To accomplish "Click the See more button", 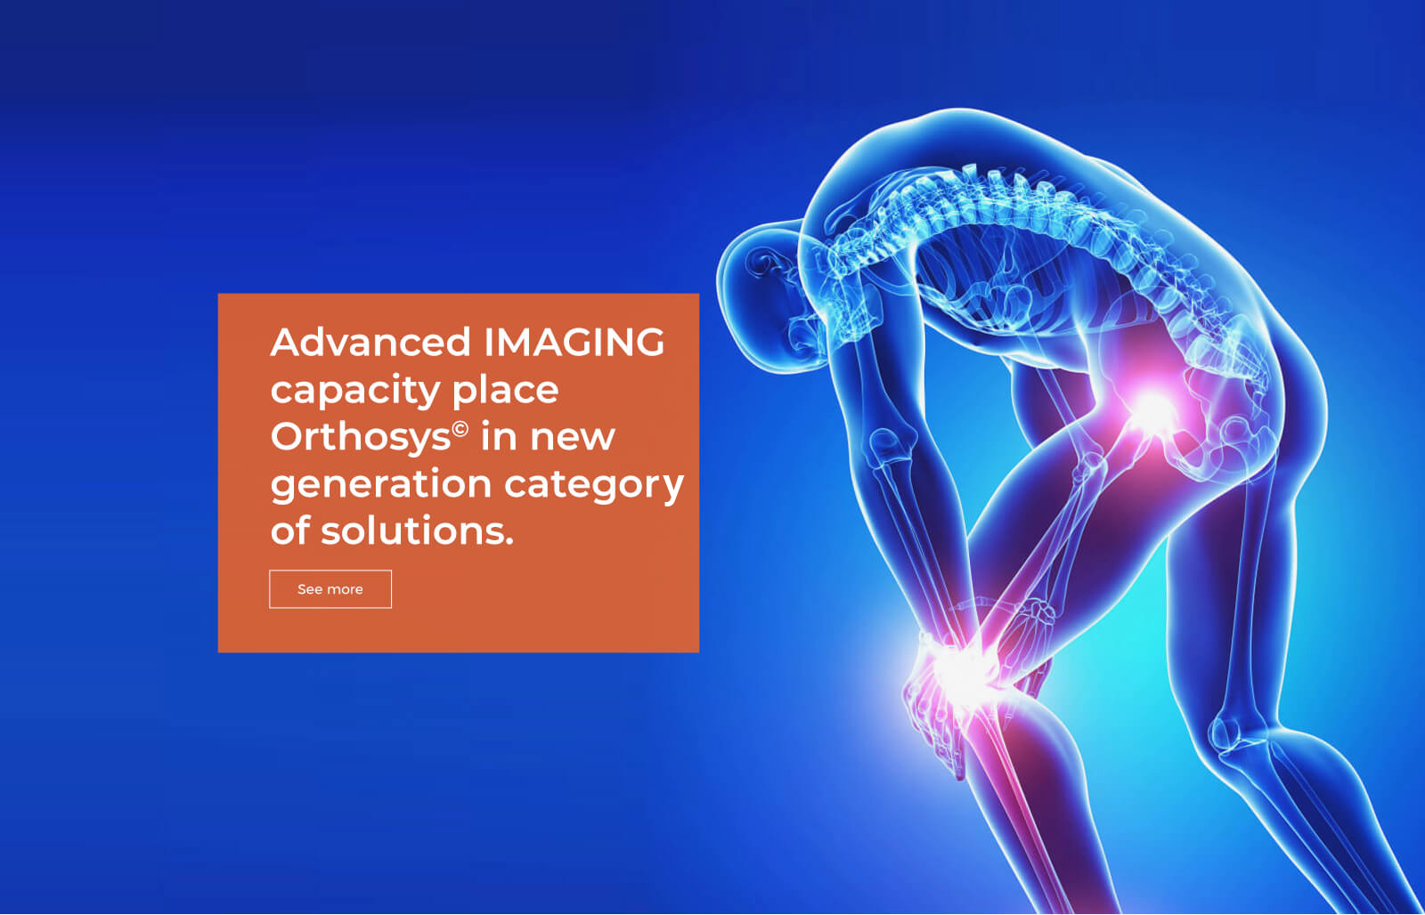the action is (330, 589).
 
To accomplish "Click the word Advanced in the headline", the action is (370, 342).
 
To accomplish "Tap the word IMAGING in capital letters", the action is (574, 342).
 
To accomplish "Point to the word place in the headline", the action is (505, 391).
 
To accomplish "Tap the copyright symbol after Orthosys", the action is (460, 430).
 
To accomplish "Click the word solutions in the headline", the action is (417, 531).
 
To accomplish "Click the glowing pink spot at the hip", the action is (1152, 410).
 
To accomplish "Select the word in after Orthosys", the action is (500, 437).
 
